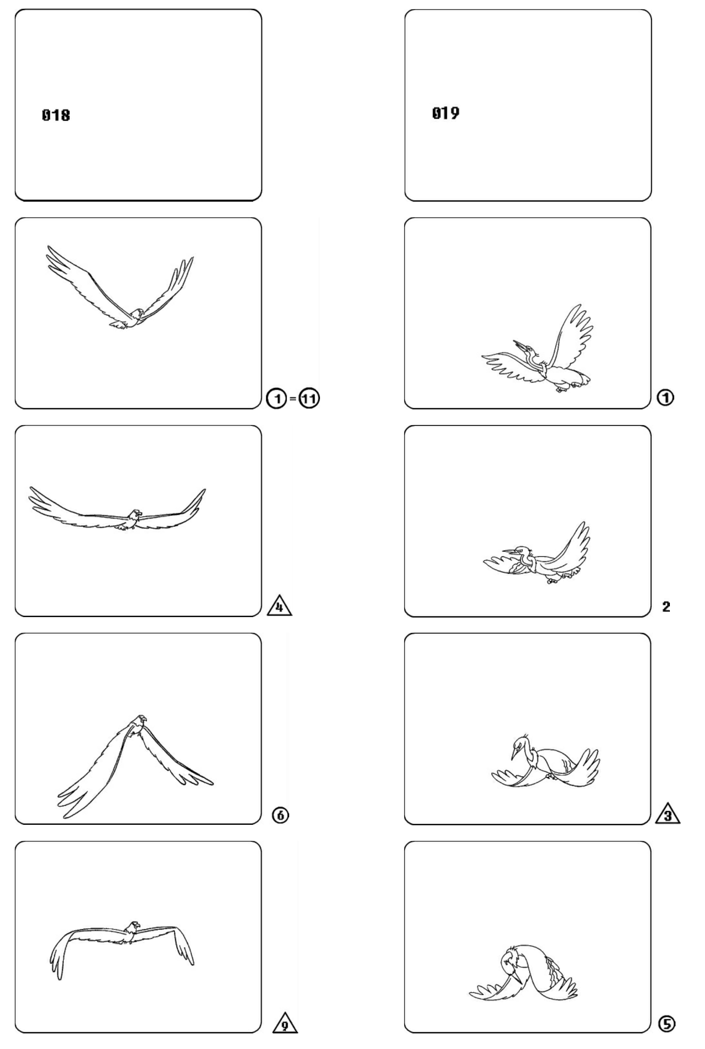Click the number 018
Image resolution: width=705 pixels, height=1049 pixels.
(x=56, y=115)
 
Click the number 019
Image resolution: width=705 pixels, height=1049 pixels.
(x=446, y=113)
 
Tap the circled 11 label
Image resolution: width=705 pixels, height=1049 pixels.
(x=309, y=399)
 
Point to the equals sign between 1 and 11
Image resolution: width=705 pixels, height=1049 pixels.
(x=293, y=399)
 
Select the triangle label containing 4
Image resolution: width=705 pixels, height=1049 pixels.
(x=279, y=605)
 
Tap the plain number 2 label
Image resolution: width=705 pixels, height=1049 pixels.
(x=666, y=607)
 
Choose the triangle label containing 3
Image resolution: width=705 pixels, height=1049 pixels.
(x=668, y=814)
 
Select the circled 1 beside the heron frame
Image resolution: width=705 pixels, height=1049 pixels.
(x=666, y=398)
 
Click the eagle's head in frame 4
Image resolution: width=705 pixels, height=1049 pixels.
(x=135, y=514)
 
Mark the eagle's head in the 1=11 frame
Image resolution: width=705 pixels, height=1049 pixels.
(x=138, y=313)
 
